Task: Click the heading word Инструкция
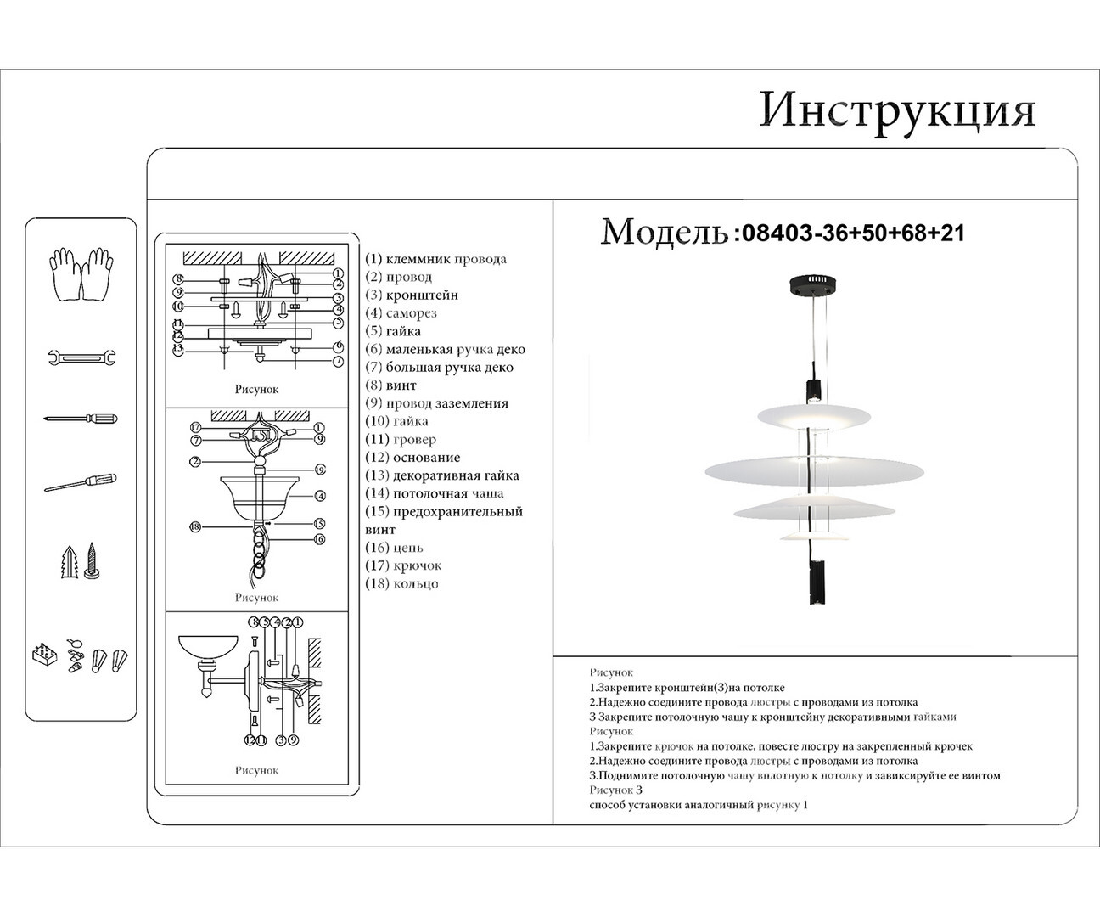[x=897, y=110]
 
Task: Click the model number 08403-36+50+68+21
[x=853, y=233]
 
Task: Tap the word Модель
[x=664, y=232]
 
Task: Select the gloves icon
[x=81, y=273]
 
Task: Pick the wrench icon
[x=81, y=358]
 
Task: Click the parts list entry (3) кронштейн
[x=412, y=295]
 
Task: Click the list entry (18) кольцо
[x=401, y=584]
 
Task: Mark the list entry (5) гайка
[x=393, y=331]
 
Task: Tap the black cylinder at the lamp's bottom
[x=815, y=582]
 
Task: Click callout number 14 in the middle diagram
[x=320, y=496]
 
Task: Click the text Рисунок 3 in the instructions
[x=616, y=789]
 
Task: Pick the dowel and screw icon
[x=81, y=561]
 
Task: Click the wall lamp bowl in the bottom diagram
[x=207, y=648]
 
